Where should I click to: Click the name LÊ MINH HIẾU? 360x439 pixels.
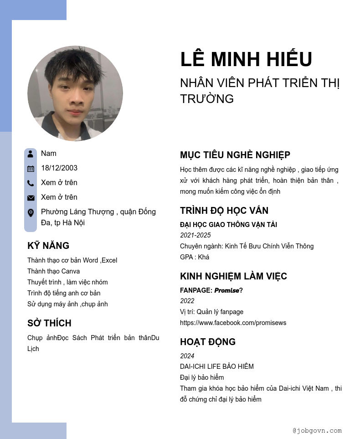246,60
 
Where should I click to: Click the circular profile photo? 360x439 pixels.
75,93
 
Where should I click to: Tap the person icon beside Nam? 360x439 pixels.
31,154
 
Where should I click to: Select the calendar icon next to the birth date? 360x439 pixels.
31,169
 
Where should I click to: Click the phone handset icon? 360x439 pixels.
31,183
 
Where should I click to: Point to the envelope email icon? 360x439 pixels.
31,198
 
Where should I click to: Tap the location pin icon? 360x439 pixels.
31,213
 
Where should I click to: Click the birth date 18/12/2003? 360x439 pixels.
59,168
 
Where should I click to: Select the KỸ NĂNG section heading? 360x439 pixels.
48,246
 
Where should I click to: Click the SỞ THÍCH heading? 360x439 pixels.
49,323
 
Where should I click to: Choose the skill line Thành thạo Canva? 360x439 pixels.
53,271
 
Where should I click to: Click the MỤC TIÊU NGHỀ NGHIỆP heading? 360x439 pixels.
235,155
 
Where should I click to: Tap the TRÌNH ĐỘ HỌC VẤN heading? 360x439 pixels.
224,211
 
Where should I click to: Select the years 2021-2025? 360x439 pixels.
195,235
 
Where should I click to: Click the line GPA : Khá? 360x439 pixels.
195,257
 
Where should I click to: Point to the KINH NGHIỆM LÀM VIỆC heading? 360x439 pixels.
233,276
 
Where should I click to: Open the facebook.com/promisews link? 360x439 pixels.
233,323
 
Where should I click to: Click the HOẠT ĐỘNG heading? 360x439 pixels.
208,342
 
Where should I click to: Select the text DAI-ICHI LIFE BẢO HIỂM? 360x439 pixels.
217,367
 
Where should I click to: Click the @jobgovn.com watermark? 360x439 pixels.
317,430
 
